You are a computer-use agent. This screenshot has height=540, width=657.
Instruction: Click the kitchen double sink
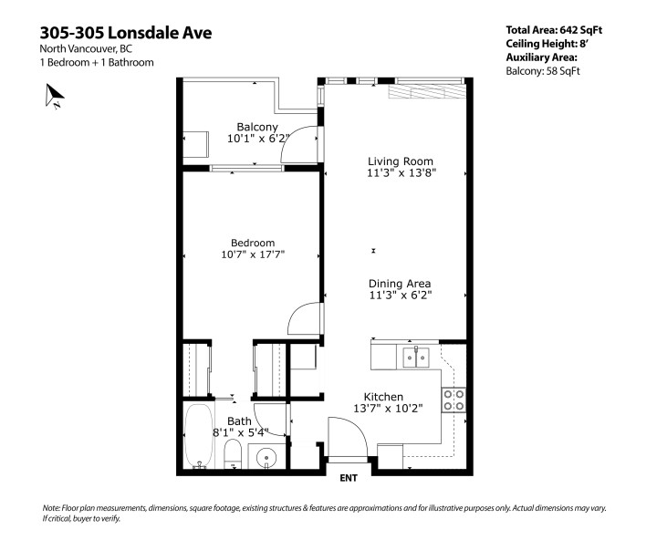coord(417,357)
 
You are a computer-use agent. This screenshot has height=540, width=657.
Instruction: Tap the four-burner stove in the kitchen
coord(454,400)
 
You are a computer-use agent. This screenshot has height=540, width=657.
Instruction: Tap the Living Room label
coord(396,161)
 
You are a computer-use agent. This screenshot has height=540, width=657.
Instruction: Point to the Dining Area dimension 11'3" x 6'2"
coord(400,295)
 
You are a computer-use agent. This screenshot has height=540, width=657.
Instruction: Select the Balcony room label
coord(257,127)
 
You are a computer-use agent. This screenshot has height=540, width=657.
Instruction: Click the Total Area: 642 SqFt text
coord(554,30)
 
